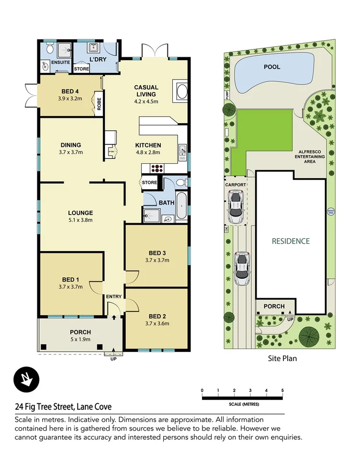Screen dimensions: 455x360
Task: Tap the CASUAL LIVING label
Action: (x=146, y=91)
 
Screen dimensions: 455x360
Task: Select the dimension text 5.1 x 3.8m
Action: (x=80, y=220)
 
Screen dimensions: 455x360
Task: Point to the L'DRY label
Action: (x=98, y=59)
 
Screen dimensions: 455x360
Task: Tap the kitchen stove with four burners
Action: (x=157, y=168)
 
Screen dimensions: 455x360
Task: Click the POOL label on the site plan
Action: (x=272, y=67)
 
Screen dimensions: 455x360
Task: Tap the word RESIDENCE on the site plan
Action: (x=291, y=241)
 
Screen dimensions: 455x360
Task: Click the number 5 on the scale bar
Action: (x=282, y=390)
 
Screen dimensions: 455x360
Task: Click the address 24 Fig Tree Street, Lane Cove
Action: (x=63, y=407)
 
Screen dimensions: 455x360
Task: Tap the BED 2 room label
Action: (x=158, y=316)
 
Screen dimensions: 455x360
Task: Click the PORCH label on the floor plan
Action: (x=80, y=332)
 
